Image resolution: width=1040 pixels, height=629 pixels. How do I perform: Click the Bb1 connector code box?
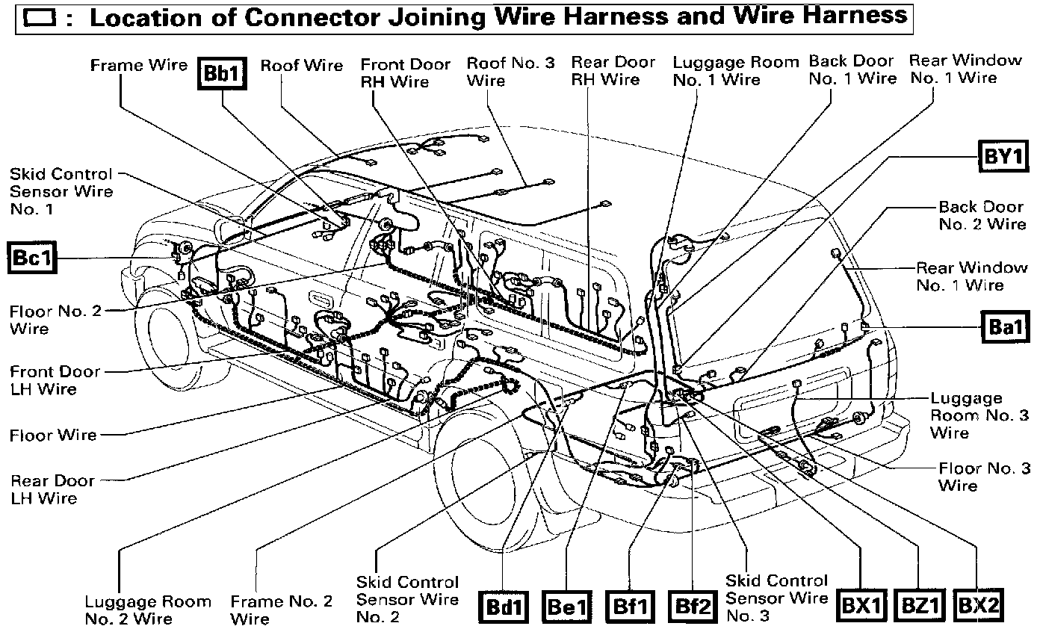(223, 75)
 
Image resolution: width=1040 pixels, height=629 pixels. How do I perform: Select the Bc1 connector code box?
(31, 258)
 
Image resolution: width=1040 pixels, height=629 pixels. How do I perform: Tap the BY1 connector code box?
(1003, 157)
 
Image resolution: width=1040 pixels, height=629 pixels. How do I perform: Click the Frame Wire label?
(138, 65)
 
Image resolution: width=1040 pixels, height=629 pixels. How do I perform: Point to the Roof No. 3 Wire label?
(510, 71)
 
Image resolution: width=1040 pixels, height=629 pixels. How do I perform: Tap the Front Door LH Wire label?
(55, 379)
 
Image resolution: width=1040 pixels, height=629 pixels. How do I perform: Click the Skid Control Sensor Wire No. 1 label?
(61, 191)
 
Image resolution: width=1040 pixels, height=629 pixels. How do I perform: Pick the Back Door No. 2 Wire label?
(982, 215)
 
